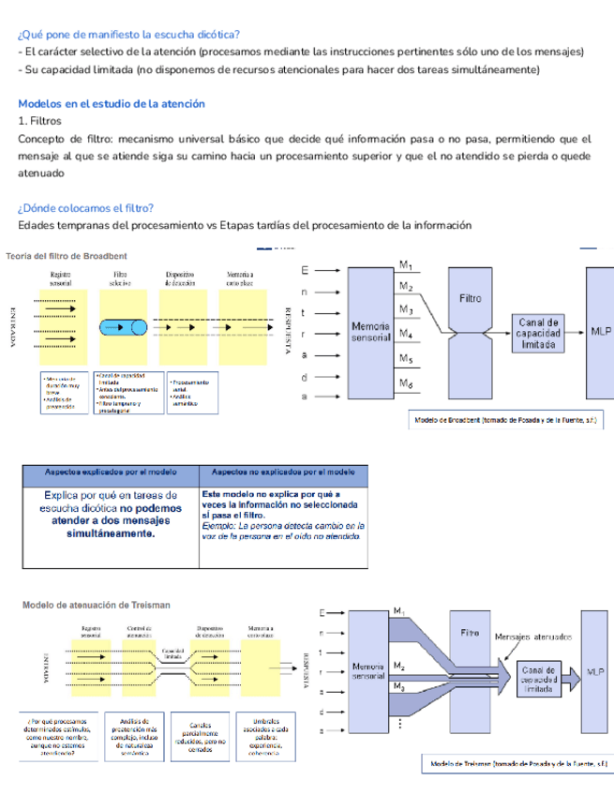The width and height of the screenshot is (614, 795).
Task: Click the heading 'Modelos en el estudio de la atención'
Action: [x=112, y=104]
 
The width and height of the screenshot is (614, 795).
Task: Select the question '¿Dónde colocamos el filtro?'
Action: [x=86, y=208]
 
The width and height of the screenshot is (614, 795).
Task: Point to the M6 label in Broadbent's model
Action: [x=405, y=383]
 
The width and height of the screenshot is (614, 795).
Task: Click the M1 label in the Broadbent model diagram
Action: [x=405, y=265]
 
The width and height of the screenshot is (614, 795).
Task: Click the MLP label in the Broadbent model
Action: [x=601, y=331]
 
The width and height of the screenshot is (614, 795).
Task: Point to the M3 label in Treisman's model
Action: [x=399, y=687]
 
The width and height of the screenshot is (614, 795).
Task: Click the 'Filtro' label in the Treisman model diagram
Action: [x=471, y=633]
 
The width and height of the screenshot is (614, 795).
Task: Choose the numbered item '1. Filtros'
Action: [x=39, y=121]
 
